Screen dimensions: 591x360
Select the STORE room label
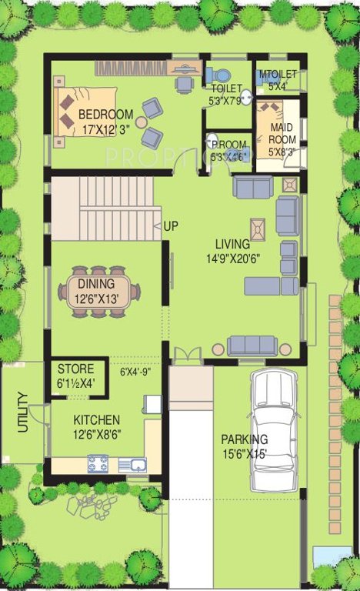point(75,369)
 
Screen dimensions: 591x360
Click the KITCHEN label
point(96,420)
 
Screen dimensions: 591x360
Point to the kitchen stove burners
point(98,463)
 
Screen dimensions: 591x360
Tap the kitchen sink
point(133,464)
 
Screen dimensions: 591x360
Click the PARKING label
point(245,439)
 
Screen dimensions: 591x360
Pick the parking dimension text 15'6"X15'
point(245,453)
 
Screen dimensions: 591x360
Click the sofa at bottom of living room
point(252,345)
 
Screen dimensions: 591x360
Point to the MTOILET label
point(272,75)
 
